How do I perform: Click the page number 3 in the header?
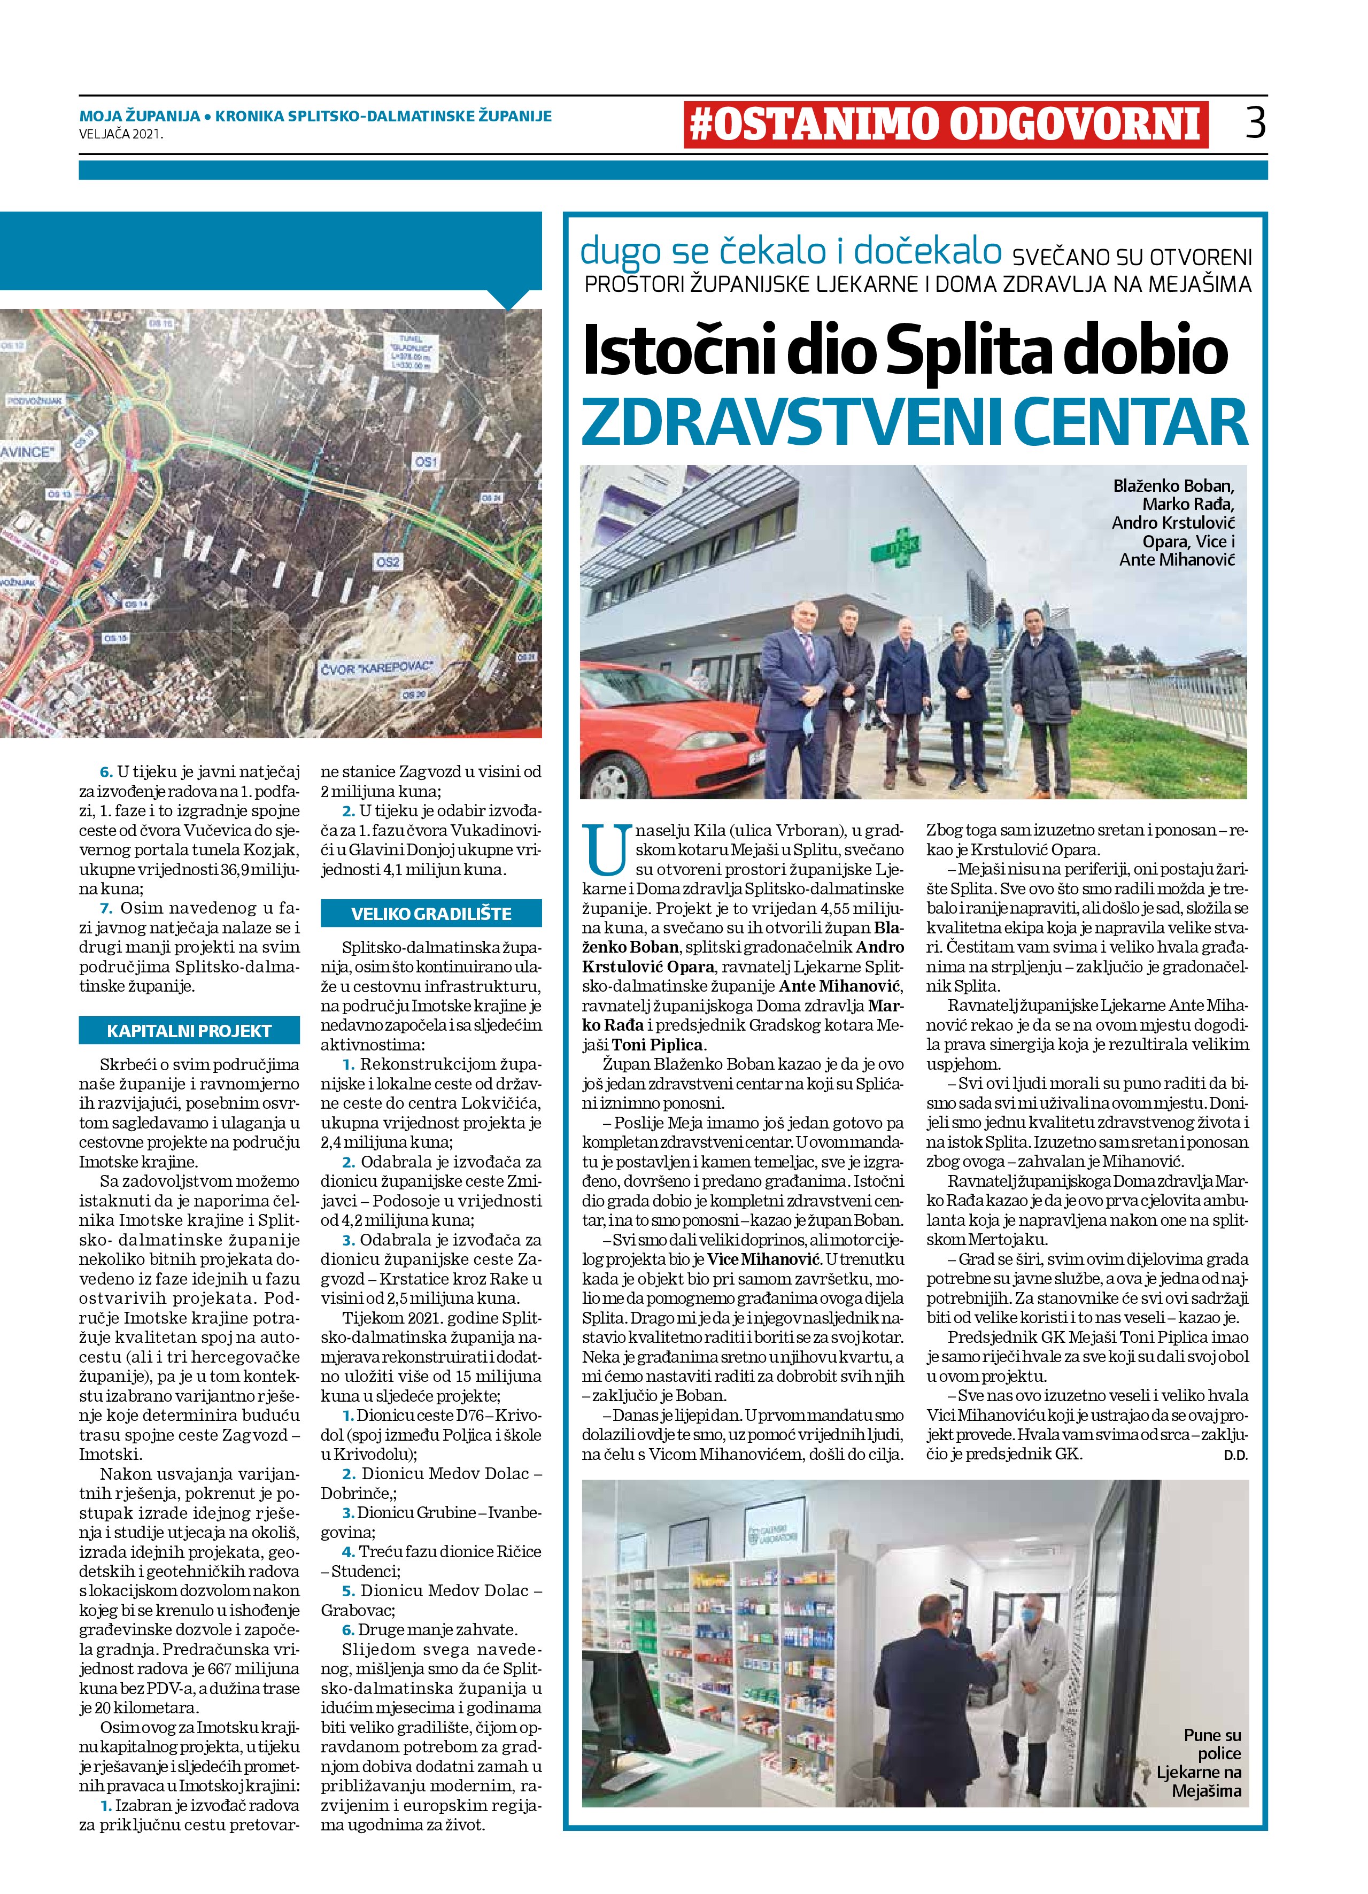(x=1255, y=123)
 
